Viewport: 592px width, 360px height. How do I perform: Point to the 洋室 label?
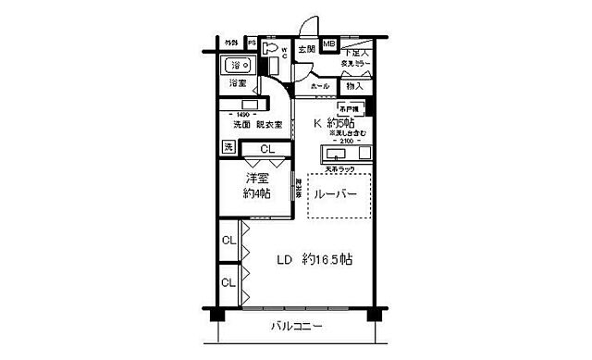click(256, 180)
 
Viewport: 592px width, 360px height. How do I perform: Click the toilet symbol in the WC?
click(271, 50)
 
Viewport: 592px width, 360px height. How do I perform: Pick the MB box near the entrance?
click(328, 44)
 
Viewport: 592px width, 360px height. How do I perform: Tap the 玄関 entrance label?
click(307, 49)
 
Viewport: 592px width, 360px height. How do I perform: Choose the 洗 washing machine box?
click(228, 147)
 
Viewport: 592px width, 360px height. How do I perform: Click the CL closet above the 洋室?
click(266, 148)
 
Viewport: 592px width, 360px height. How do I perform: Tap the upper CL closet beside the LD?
click(228, 242)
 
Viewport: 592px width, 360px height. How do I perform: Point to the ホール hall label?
click(320, 86)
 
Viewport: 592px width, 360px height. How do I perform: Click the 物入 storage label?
click(353, 86)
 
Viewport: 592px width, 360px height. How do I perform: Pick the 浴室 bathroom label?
click(239, 82)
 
